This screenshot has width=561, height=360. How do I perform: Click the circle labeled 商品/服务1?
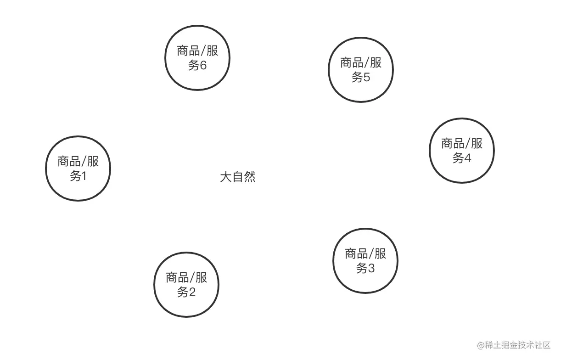coord(78,168)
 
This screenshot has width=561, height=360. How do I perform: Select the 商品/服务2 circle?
coord(186,284)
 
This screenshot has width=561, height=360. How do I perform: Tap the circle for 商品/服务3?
coord(365,260)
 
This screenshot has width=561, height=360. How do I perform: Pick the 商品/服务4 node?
coord(462,151)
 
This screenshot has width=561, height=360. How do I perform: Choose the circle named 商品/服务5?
coord(361,69)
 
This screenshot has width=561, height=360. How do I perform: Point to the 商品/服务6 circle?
coord(197,57)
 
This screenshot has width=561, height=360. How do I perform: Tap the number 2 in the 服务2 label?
coord(192,292)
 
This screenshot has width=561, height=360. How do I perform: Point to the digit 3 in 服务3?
coord(371,268)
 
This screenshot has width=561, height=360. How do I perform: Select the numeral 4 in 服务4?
coord(467,158)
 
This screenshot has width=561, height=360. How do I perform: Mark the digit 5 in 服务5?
coord(366,77)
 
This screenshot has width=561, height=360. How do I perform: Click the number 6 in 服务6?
coord(203,65)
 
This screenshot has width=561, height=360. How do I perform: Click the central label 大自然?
coord(237,177)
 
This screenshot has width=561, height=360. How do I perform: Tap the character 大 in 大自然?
coord(225,177)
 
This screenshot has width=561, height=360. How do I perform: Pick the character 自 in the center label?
coord(237,177)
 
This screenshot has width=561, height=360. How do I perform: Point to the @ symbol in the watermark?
coord(481,345)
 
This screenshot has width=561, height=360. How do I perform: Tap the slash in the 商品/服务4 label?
coord(467,143)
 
